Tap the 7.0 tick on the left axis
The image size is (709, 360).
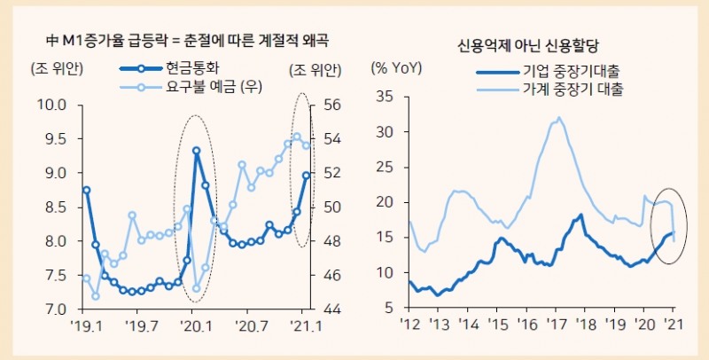[x=56, y=309]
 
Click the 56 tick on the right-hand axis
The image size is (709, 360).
[x=332, y=105]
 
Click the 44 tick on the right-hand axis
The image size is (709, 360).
[x=332, y=309]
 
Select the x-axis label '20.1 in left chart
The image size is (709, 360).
[x=195, y=326]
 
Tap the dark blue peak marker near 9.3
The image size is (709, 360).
[x=196, y=151]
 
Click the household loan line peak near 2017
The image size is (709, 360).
[x=557, y=118]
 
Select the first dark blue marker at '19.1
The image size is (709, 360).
[x=86, y=190]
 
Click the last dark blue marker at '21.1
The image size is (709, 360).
[x=306, y=176]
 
